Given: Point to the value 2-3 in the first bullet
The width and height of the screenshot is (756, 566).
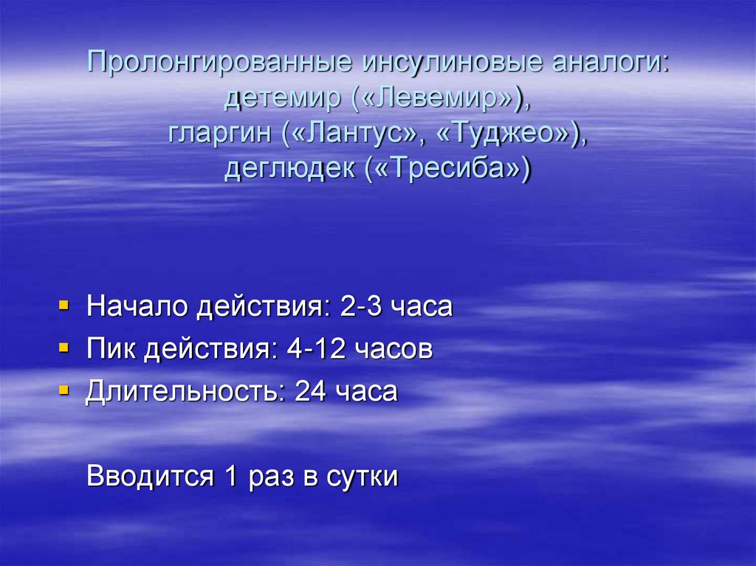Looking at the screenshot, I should click(360, 306).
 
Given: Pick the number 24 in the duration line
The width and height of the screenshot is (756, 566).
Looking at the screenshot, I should click(311, 390).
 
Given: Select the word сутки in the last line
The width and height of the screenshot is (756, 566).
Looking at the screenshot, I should click(362, 476).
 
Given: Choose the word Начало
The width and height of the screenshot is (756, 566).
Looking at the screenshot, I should click(136, 306).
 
